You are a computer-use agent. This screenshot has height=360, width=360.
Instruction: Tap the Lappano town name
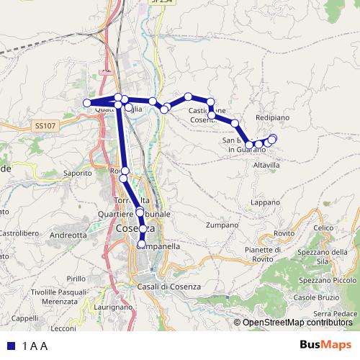(266, 203)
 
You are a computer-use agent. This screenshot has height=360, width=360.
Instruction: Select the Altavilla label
(266, 165)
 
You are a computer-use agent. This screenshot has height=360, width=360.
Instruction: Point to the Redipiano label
(273, 116)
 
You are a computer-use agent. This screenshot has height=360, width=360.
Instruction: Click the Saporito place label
(78, 173)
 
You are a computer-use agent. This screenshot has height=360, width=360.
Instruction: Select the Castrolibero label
(13, 233)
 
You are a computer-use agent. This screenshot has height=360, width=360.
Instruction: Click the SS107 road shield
(45, 125)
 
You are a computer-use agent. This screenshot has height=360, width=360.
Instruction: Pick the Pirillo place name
(76, 278)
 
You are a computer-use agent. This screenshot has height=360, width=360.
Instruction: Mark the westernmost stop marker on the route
(87, 103)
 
